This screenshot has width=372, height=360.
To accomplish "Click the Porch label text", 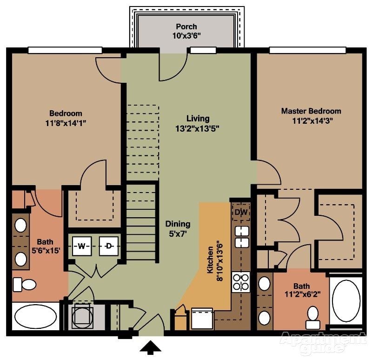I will coord(186,27).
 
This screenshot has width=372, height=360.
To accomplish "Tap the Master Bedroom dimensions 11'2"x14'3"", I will coord(311,120).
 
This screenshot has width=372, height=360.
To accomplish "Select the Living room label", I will coord(198,119).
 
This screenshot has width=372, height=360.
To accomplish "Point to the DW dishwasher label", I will coord(240,212).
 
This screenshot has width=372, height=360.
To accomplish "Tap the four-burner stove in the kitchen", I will coord(241,282).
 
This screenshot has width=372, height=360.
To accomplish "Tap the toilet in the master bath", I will coord(312,315).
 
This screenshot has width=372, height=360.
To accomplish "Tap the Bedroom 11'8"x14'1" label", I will coord(66,118).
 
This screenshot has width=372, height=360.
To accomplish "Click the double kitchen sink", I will coord(241,237).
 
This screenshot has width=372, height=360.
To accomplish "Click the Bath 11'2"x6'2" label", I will coord(303,290).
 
